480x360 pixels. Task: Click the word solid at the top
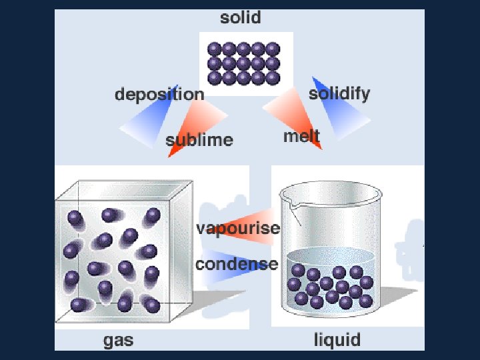241,18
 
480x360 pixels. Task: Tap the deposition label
159,95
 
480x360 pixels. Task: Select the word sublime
199,140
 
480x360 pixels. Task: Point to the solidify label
339,93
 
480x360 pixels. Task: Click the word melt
301,137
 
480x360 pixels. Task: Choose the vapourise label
237,229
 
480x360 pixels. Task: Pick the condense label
237,263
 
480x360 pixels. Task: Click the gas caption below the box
118,341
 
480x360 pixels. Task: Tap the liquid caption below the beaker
337,340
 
